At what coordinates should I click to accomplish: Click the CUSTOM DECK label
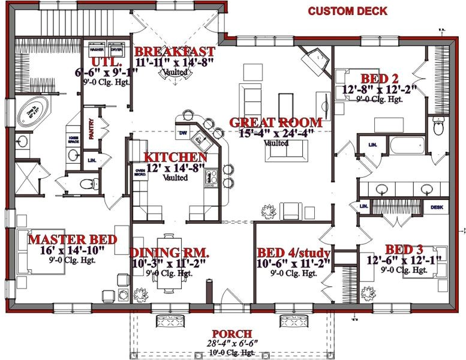point(347,11)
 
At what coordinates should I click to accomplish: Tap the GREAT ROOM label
point(275,122)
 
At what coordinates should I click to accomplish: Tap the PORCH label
point(232,334)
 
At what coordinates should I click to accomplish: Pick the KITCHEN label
point(176,157)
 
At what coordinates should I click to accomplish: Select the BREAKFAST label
point(175,51)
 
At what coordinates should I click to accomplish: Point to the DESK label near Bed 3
point(437,207)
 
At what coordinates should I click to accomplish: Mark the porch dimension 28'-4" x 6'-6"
point(232,343)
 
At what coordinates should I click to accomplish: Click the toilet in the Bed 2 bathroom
point(438,128)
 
